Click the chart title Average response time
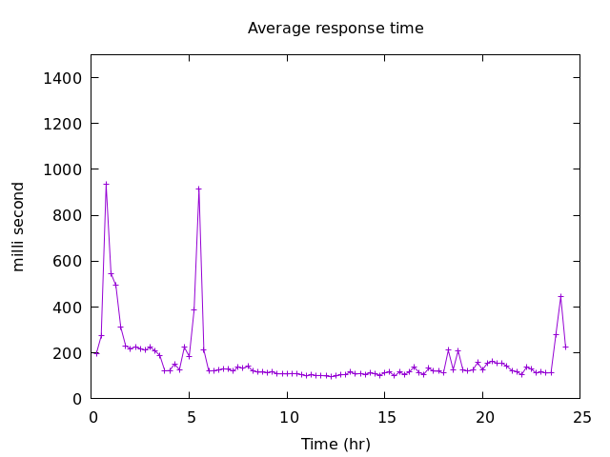click(335, 29)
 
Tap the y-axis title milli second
click(19, 226)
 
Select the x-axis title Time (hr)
click(335, 444)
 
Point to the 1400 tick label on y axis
click(63, 78)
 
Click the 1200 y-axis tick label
click(63, 124)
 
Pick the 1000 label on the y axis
click(63, 169)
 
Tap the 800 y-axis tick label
click(68, 215)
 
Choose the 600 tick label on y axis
click(68, 261)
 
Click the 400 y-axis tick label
click(68, 308)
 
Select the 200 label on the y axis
click(68, 353)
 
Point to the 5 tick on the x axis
click(191, 417)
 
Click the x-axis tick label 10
click(288, 417)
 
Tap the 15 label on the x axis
click(386, 417)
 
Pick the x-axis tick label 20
click(484, 417)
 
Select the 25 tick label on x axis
click(581, 417)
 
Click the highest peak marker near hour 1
click(106, 184)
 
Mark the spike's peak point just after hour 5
click(198, 189)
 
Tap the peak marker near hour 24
click(560, 296)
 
